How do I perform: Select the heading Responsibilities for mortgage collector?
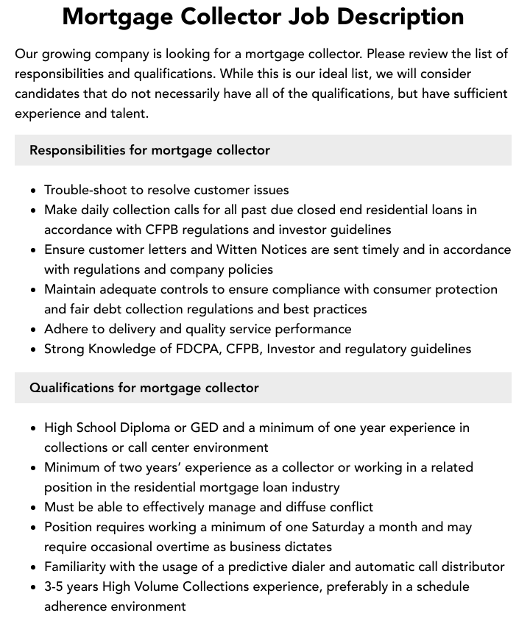[149, 150]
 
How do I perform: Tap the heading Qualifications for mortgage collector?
[144, 388]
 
